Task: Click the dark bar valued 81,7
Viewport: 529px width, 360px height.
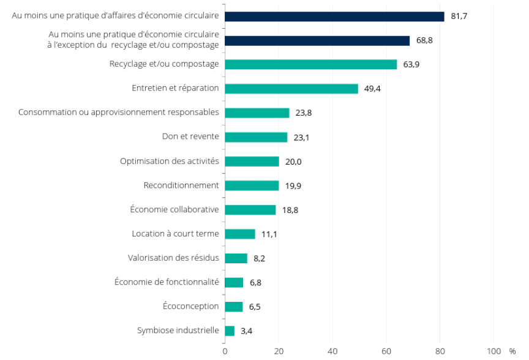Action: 334,17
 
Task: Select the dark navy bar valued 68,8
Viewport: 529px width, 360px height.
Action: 317,40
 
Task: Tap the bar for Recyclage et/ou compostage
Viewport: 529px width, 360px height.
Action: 310,64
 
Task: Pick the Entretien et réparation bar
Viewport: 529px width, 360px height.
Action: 291,89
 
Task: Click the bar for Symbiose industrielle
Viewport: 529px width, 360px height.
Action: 230,331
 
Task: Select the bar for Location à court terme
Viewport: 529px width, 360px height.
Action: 240,234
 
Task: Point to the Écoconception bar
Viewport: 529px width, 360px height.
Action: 234,307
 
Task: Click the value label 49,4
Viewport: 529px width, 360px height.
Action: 372,89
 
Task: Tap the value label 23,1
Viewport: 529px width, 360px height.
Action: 301,138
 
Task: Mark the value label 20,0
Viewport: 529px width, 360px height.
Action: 293,162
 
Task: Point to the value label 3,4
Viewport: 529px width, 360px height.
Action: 247,331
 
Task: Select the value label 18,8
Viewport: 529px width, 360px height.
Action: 290,210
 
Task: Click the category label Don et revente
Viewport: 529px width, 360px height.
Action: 190,137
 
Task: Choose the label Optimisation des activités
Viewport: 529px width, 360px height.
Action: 170,161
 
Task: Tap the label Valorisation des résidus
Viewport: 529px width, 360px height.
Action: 173,258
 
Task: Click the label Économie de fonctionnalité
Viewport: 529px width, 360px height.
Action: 167,282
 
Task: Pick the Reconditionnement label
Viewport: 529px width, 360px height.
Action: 181,185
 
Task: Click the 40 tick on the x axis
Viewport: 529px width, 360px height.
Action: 332,351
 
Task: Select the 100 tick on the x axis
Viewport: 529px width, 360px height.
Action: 493,351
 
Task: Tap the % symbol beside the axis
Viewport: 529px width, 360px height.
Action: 512,351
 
